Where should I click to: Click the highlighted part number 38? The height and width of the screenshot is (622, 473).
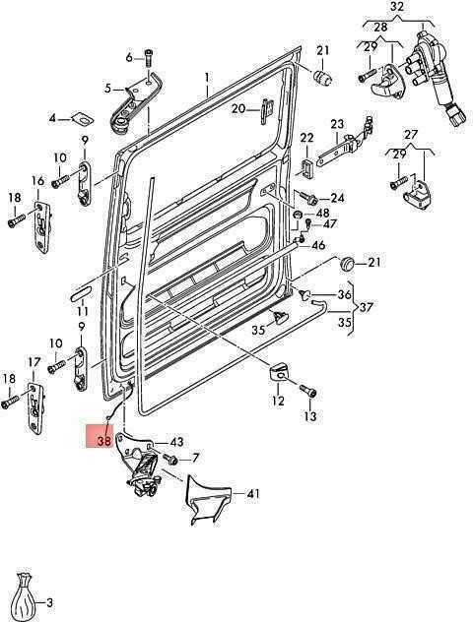(x=104, y=440)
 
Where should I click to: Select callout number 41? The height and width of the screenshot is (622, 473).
(x=253, y=494)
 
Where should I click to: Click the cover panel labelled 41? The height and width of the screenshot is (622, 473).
(x=207, y=498)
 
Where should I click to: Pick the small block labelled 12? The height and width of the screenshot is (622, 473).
(x=279, y=371)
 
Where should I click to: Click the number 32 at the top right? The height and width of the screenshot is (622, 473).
(x=397, y=7)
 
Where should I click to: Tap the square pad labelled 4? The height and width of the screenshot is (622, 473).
(x=82, y=118)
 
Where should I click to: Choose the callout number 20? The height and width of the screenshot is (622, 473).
(x=238, y=108)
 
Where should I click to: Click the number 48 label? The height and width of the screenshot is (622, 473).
(x=322, y=214)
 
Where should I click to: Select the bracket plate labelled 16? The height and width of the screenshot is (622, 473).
(x=41, y=226)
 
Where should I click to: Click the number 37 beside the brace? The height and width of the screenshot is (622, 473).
(x=366, y=307)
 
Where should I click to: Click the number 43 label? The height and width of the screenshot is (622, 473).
(x=176, y=442)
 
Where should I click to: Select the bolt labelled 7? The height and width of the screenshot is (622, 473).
(x=169, y=460)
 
